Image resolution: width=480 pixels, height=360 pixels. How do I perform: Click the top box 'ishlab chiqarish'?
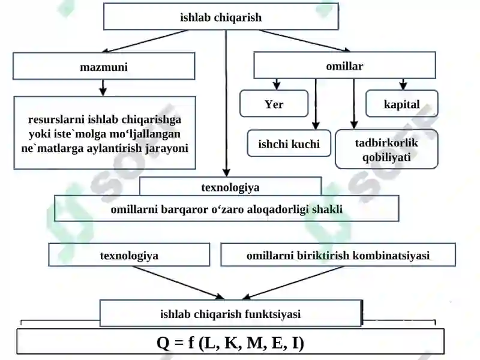221,17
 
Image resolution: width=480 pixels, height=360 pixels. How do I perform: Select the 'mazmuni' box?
104,66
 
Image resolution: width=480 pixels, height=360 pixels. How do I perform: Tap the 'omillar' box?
344,65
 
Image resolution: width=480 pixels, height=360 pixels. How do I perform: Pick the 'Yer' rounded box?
274,103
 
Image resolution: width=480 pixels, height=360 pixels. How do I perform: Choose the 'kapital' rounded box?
402,103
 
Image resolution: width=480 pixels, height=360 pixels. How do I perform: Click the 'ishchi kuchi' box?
289,143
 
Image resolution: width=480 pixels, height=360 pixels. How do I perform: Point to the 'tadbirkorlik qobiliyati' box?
386,149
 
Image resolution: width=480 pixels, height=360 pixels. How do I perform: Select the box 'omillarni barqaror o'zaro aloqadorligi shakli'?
227,208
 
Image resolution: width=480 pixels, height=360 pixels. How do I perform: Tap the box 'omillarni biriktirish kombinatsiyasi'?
338,254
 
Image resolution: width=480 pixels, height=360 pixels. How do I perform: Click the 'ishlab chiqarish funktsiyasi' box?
231,313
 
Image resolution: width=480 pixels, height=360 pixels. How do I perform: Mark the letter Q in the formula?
163,343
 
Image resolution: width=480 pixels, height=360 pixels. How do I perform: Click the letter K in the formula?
232,342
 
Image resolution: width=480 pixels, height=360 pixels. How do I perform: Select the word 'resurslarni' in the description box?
56,119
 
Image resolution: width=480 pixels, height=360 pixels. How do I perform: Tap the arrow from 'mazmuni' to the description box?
103,88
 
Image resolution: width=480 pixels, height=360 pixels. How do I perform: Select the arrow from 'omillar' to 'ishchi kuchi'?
316,104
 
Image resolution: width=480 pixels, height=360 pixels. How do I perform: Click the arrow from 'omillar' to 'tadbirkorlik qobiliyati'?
354,104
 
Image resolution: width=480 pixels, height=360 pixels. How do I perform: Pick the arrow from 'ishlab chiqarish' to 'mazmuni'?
145,41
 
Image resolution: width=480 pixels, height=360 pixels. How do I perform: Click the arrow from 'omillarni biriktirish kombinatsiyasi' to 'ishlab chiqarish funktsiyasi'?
293,283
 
